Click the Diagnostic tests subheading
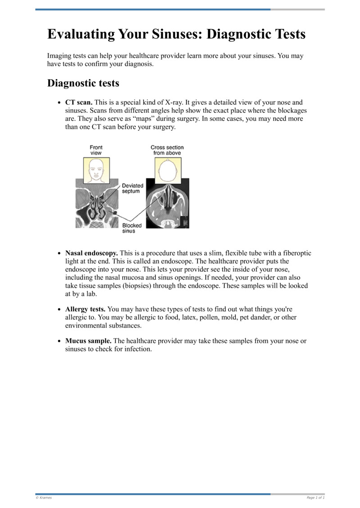click(83, 83)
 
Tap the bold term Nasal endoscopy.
click(91, 254)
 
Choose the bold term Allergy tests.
click(85, 309)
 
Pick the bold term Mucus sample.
click(88, 341)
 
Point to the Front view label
click(96, 150)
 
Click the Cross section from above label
click(167, 150)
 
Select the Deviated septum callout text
click(133, 188)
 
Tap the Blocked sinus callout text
click(132, 228)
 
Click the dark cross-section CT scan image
click(167, 205)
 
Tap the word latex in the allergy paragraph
click(200, 317)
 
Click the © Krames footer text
click(44, 498)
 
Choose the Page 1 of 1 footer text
click(315, 498)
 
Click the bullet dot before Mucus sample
click(59, 341)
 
